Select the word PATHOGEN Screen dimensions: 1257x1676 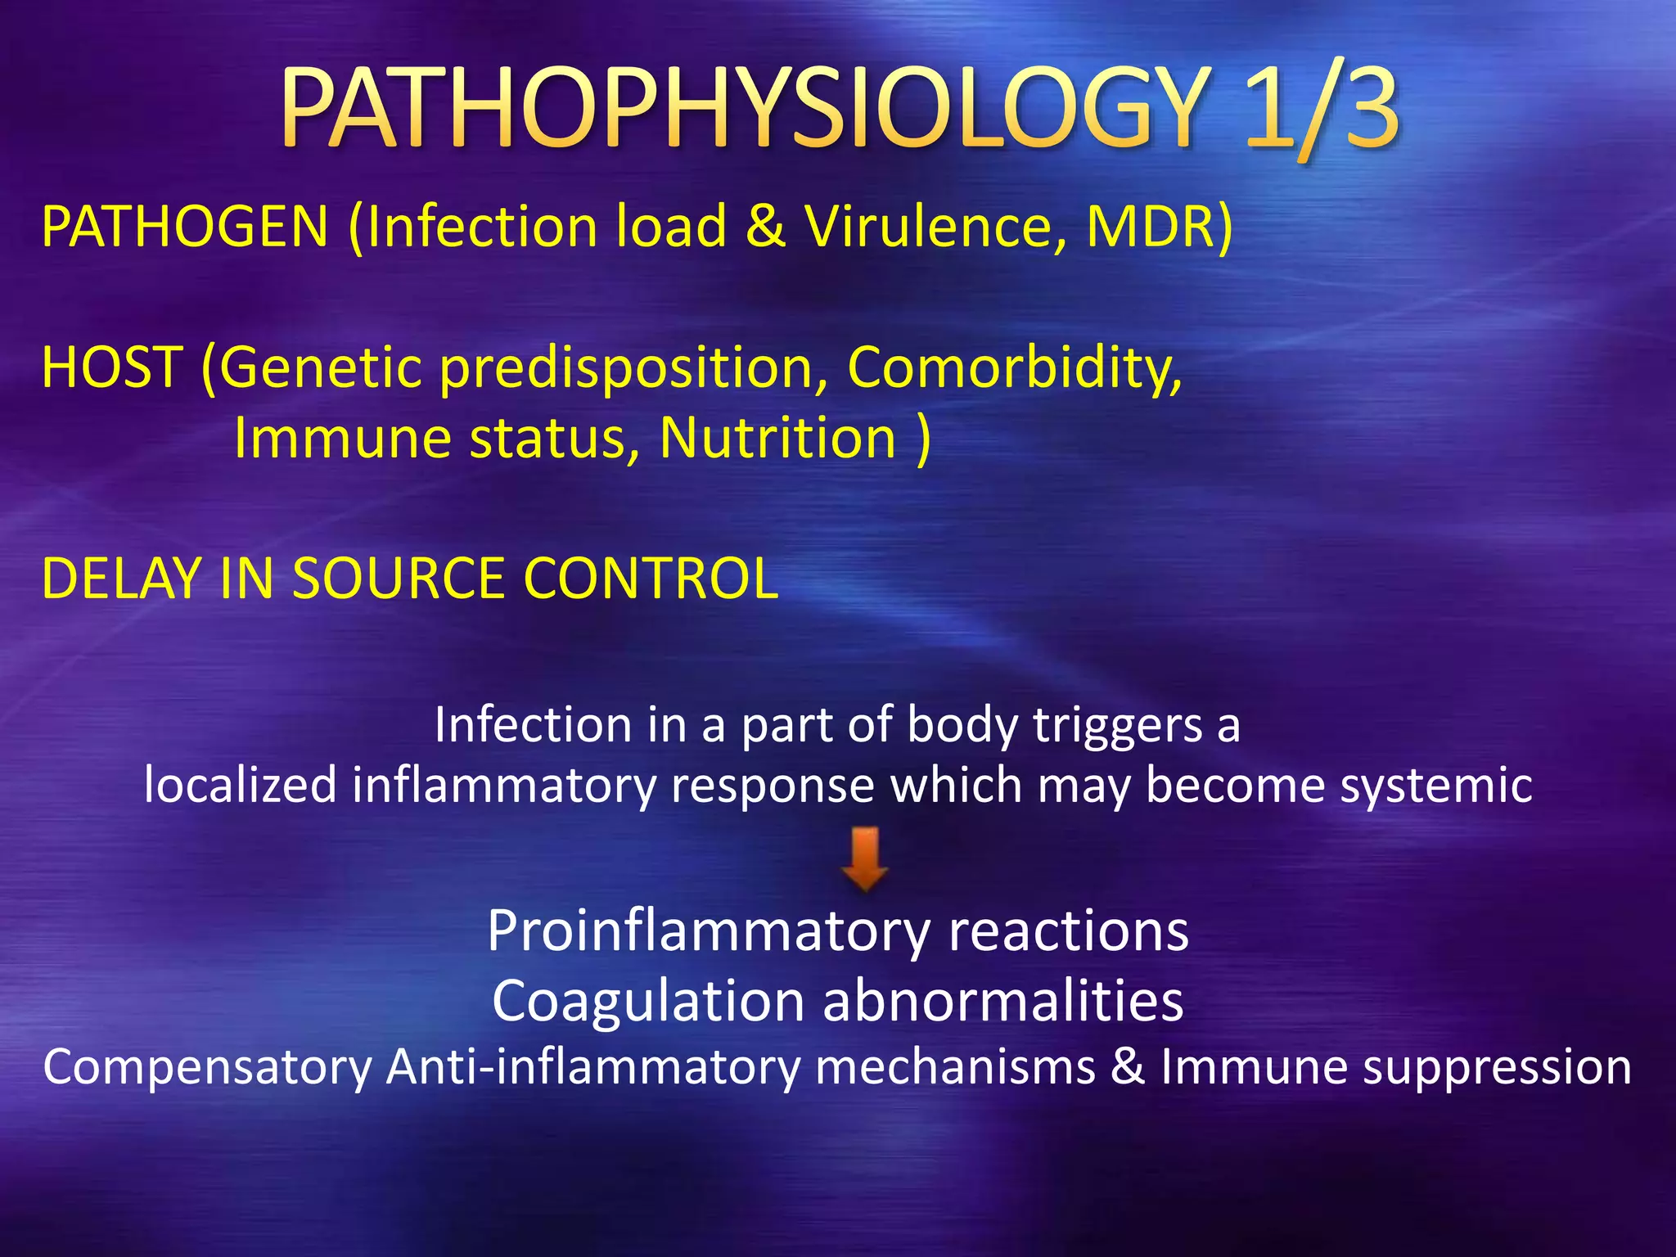[x=185, y=227]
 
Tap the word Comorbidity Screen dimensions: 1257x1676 [x=1015, y=367]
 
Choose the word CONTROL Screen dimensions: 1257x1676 [x=651, y=579]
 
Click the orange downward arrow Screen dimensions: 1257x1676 [x=865, y=858]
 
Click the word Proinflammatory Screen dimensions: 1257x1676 [x=709, y=931]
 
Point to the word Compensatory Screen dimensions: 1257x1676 [x=208, y=1068]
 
